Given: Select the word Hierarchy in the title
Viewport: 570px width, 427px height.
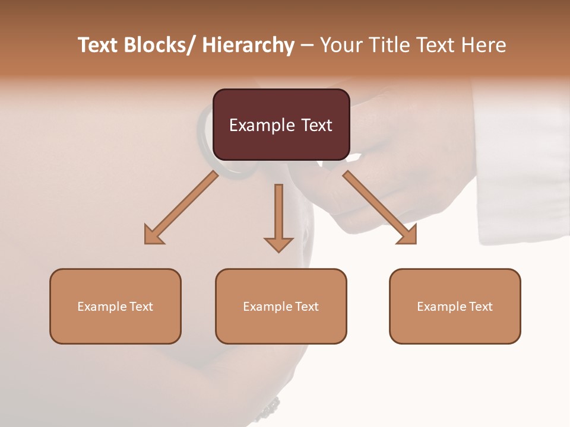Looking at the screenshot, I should [x=248, y=45].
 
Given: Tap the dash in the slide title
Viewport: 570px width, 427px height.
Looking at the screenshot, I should [x=307, y=45].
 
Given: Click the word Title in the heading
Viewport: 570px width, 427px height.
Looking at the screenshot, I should [x=389, y=45].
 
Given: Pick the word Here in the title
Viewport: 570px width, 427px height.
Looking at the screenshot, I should [x=482, y=45].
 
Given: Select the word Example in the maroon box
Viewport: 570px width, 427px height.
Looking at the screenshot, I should [x=256, y=125].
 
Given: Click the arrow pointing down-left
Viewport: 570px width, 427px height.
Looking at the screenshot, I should [x=181, y=208].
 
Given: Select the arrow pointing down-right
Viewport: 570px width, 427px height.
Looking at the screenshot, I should [x=380, y=208].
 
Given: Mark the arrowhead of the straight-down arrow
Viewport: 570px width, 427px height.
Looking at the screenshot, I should [x=278, y=244].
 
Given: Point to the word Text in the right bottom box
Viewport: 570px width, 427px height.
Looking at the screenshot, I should [x=480, y=307].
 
